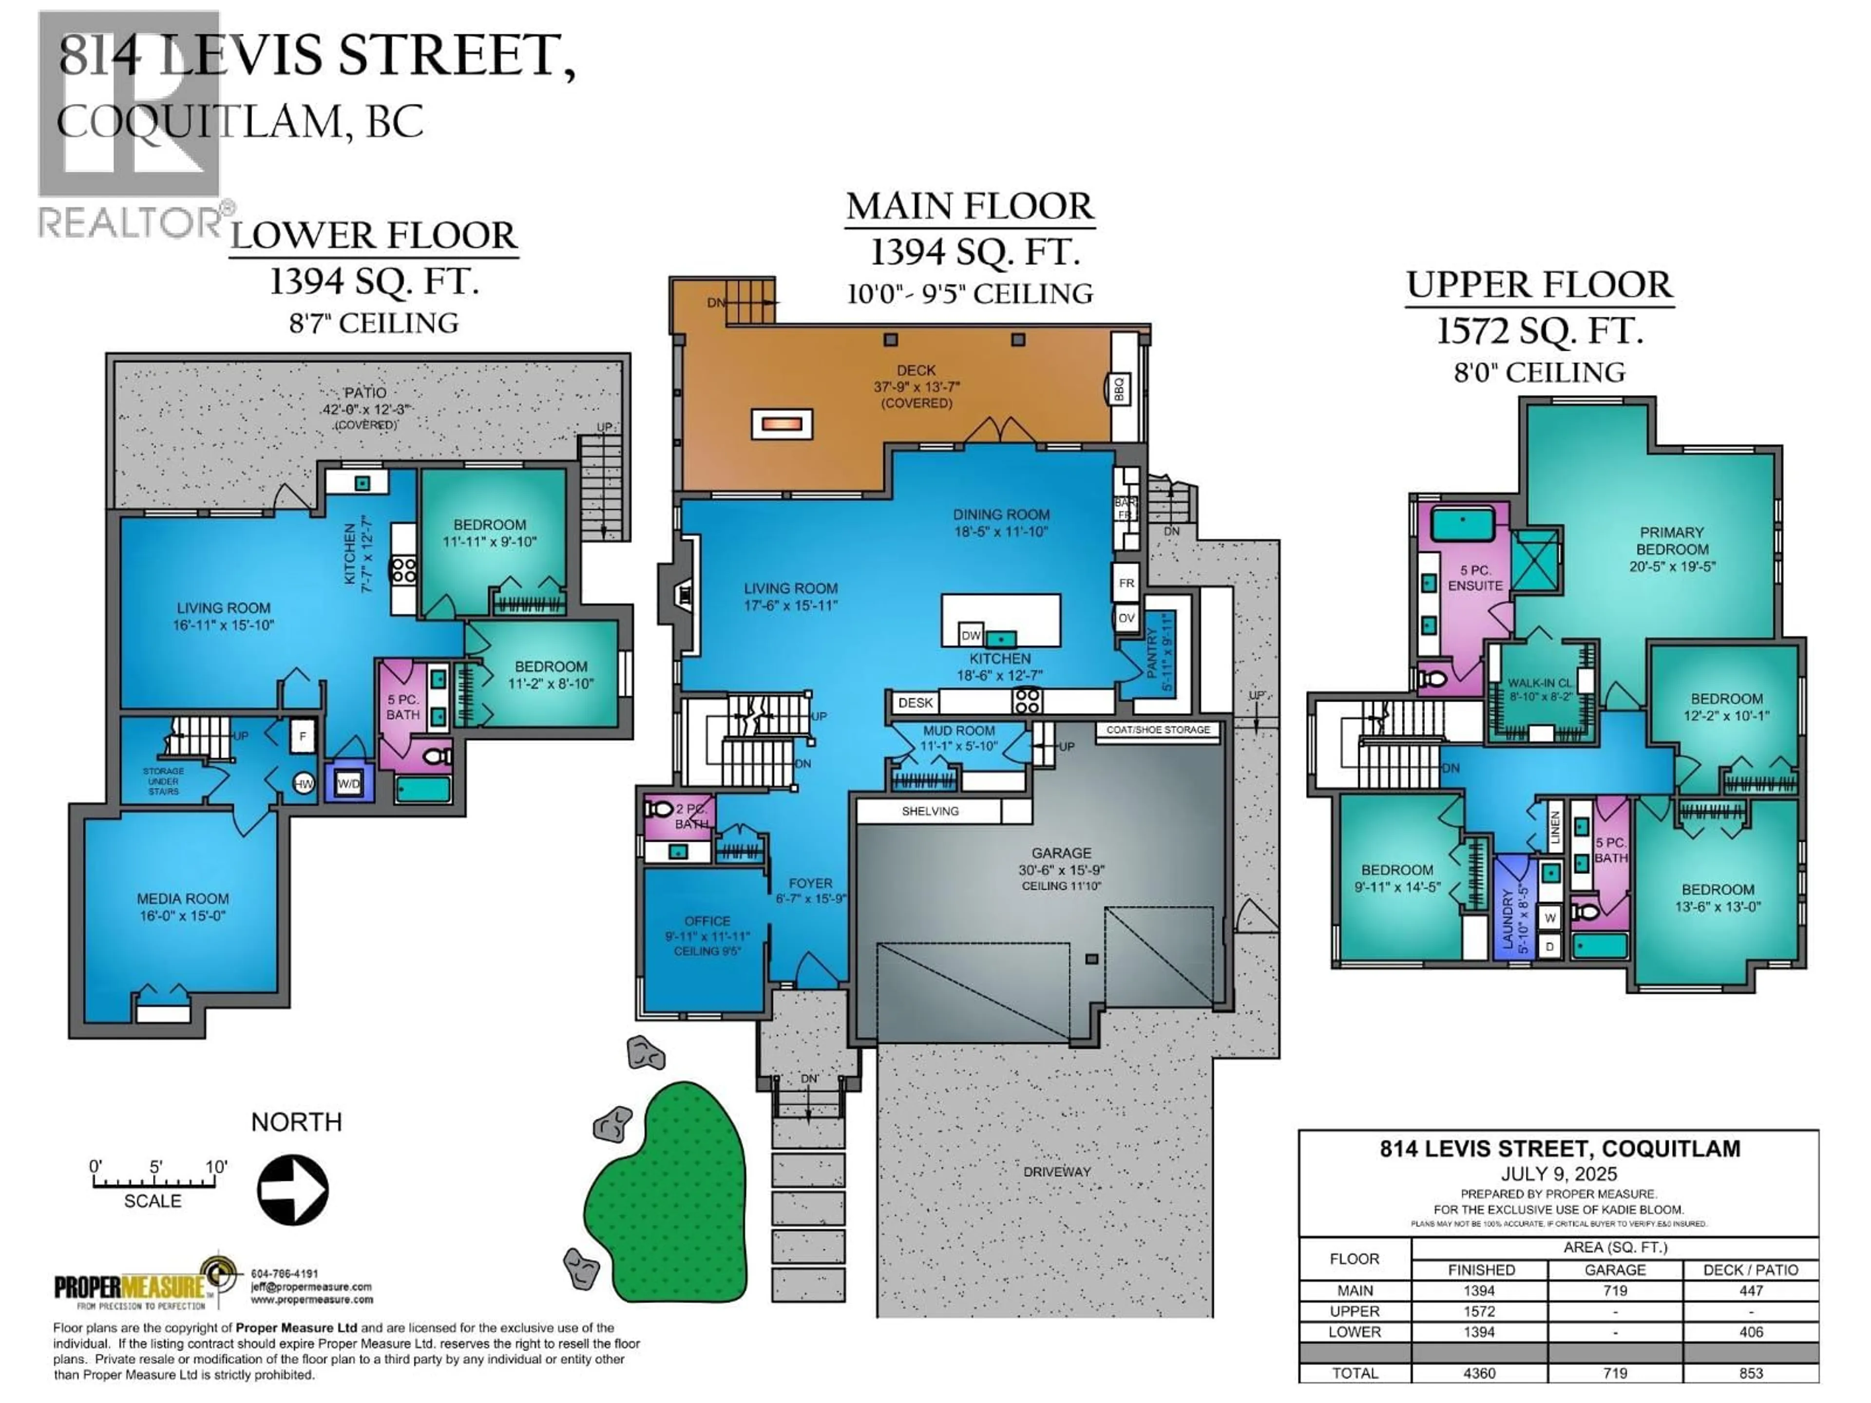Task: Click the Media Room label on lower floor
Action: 183,899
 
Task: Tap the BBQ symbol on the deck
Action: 1119,390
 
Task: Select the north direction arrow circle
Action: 293,1190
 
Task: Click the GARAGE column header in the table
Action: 1615,1270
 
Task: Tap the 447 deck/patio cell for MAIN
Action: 1751,1290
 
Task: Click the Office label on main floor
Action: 707,921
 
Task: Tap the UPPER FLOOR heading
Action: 1539,285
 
